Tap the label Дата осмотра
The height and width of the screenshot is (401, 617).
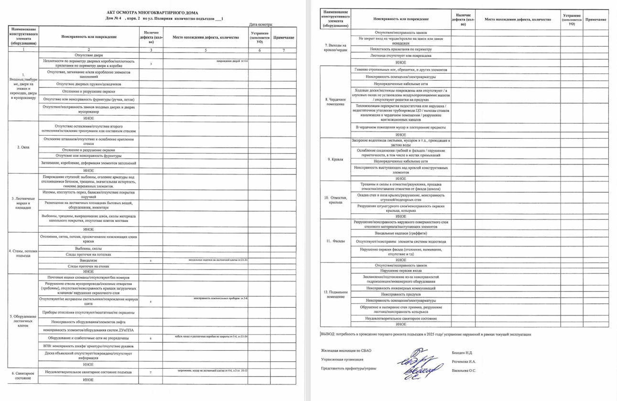pyautogui.click(x=261, y=24)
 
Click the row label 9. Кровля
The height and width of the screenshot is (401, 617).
pyautogui.click(x=334, y=159)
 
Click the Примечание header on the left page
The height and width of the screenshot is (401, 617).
pyautogui.click(x=283, y=37)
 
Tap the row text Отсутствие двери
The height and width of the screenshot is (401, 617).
pyautogui.click(x=89, y=55)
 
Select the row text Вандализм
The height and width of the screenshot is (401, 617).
pyautogui.click(x=89, y=260)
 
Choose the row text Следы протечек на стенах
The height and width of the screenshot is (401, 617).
pyautogui.click(x=89, y=266)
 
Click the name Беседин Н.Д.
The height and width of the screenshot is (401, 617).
pyautogui.click(x=462, y=352)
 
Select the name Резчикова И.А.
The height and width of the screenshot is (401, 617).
pyautogui.click(x=464, y=362)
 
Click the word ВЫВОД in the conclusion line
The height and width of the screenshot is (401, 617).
pyautogui.click(x=328, y=335)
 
